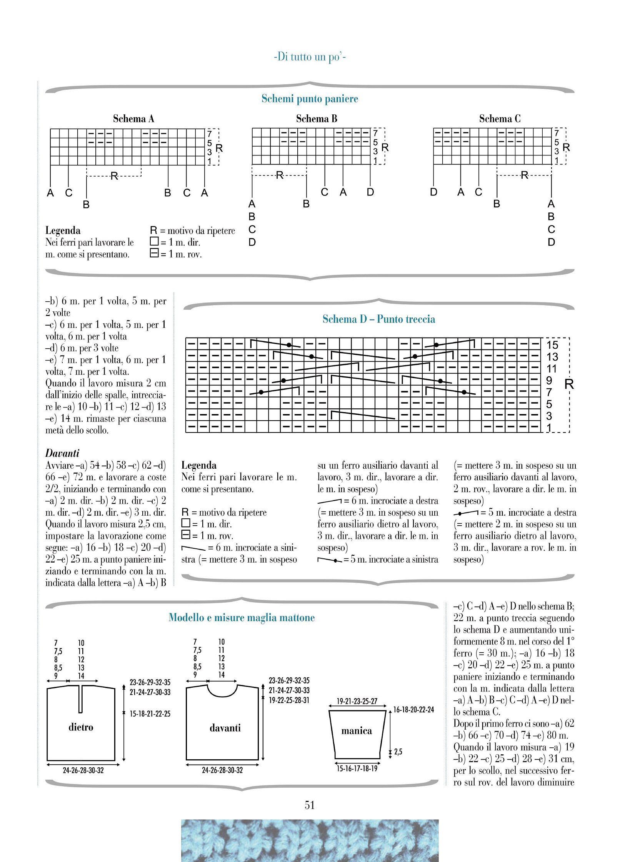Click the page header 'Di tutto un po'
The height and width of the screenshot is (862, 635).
pos(310,58)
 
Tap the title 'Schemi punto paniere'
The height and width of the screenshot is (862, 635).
pos(310,99)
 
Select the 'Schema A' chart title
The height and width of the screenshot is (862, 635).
pos(133,119)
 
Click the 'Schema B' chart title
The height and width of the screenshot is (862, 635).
pos(317,119)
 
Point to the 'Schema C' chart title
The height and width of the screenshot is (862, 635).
pos(500,119)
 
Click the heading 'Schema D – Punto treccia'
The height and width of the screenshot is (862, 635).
pos(379,319)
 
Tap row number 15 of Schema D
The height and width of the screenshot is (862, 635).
pos(552,345)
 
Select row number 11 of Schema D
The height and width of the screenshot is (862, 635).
pos(552,369)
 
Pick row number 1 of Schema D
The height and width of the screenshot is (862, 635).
pos(549,428)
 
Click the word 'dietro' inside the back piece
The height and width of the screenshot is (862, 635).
pos(81,727)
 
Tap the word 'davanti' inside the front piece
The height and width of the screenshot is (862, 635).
pos(225,728)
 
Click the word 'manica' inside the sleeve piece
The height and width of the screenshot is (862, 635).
pos(357,731)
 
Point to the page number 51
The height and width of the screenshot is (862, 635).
pos(310,805)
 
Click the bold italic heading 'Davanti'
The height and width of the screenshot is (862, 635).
pos(62,453)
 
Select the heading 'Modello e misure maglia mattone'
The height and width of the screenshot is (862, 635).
pos(242,618)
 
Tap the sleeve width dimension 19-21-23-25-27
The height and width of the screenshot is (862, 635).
pos(357,702)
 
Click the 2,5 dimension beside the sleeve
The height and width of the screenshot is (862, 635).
pos(398,752)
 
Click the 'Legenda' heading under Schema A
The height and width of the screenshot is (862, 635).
pos(63,231)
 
